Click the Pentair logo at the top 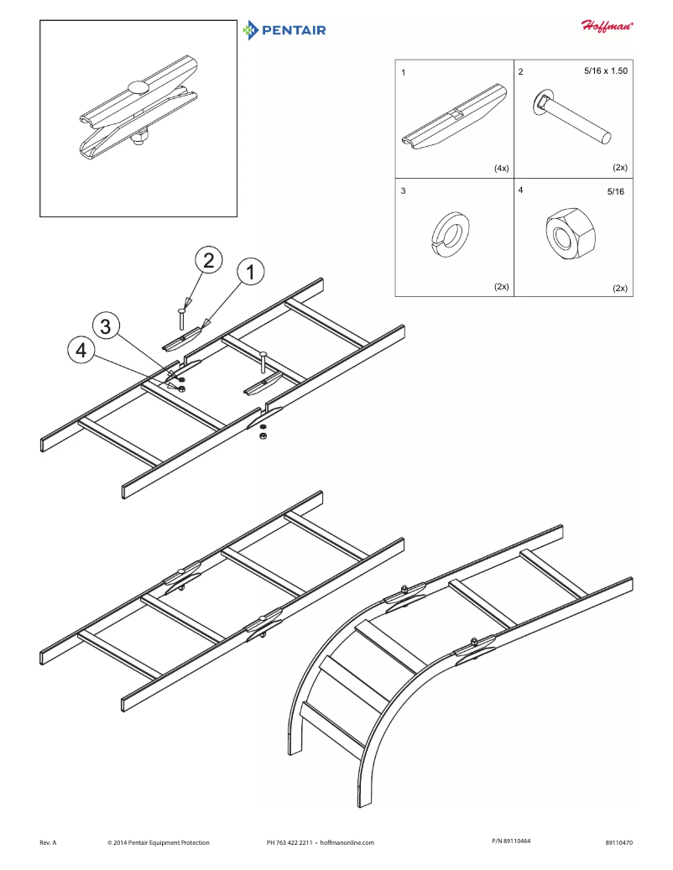pyautogui.click(x=284, y=31)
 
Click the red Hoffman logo pyautogui.click(x=608, y=25)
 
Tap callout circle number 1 pyautogui.click(x=250, y=272)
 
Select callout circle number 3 pyautogui.click(x=105, y=326)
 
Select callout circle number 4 pyautogui.click(x=81, y=352)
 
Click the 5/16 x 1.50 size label pyautogui.click(x=605, y=71)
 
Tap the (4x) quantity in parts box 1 pyautogui.click(x=501, y=168)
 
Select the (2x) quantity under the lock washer pyautogui.click(x=501, y=286)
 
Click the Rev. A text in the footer pyautogui.click(x=48, y=842)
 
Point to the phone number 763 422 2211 pyautogui.click(x=296, y=842)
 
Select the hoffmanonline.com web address pyautogui.click(x=347, y=842)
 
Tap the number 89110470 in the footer pyautogui.click(x=618, y=842)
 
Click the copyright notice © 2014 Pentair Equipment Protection pyautogui.click(x=159, y=842)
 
